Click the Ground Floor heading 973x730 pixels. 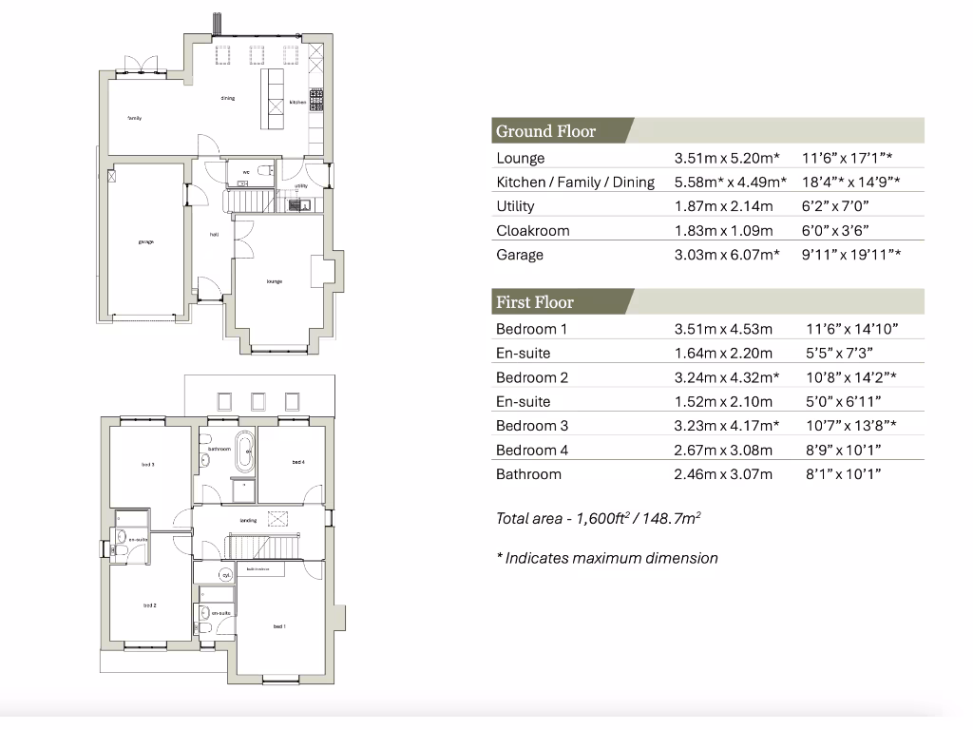(545, 131)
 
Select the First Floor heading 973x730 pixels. (534, 302)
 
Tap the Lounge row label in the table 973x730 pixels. (520, 159)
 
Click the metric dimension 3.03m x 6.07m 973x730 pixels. (727, 255)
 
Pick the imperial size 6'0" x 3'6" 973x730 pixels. (835, 231)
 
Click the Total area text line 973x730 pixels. (598, 518)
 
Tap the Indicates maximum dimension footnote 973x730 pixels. (606, 558)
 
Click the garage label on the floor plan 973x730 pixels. (145, 241)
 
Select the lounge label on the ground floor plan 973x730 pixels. (275, 280)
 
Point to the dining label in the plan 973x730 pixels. (228, 98)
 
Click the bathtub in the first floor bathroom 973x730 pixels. (244, 452)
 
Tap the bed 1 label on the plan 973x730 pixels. (279, 625)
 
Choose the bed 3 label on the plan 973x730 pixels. (148, 464)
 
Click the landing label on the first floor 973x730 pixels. (248, 520)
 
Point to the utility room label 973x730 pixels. (300, 185)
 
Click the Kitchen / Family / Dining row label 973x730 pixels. (575, 182)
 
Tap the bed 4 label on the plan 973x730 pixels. (298, 462)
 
